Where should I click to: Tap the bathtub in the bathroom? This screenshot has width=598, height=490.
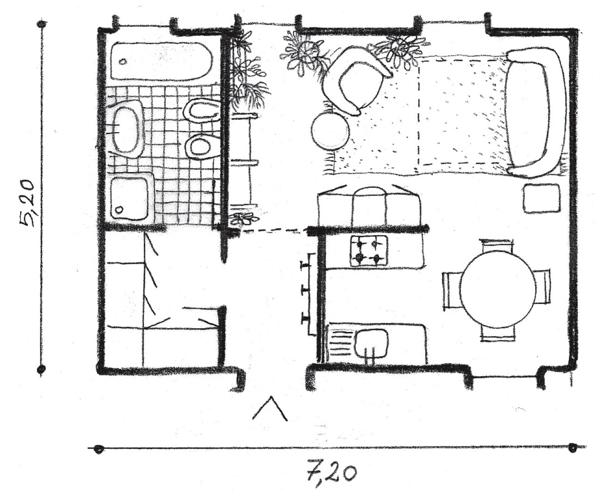coord(160,62)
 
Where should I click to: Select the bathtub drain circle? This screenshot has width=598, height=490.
coord(123,62)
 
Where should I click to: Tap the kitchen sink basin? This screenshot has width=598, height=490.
coord(371,342)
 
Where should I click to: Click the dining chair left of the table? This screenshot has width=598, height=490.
coord(451,290)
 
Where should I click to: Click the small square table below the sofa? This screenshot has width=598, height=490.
coord(541,198)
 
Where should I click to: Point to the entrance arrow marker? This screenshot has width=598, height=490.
coord(270,408)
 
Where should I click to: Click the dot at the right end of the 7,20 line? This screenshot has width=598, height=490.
coord(572,449)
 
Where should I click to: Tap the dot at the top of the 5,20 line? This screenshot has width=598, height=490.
coord(42,24)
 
